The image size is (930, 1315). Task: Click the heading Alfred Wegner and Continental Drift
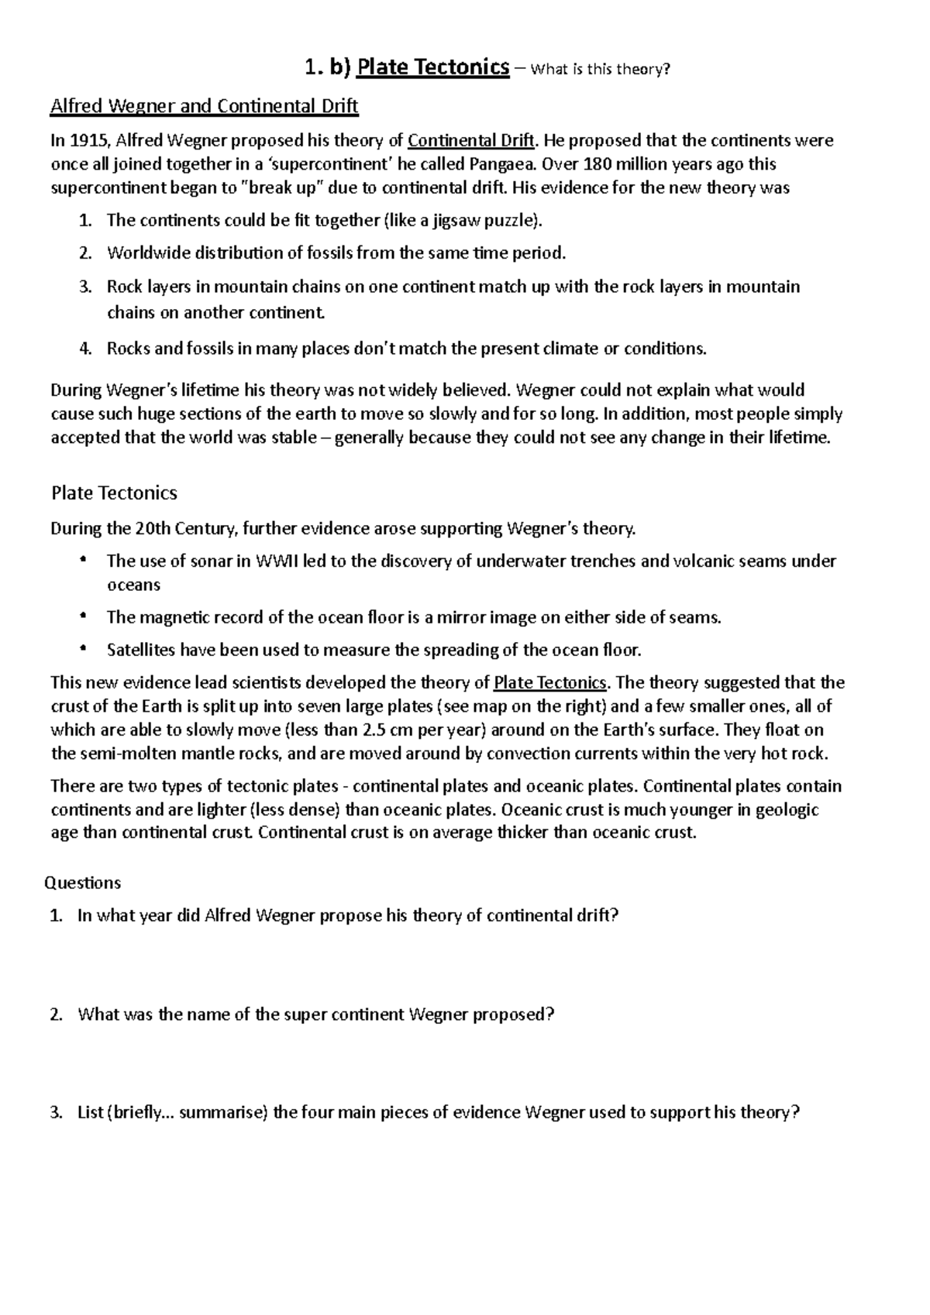tap(204, 106)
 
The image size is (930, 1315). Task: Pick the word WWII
tap(277, 561)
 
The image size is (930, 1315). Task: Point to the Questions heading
tap(83, 883)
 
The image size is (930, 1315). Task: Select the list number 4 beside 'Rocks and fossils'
tap(85, 348)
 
